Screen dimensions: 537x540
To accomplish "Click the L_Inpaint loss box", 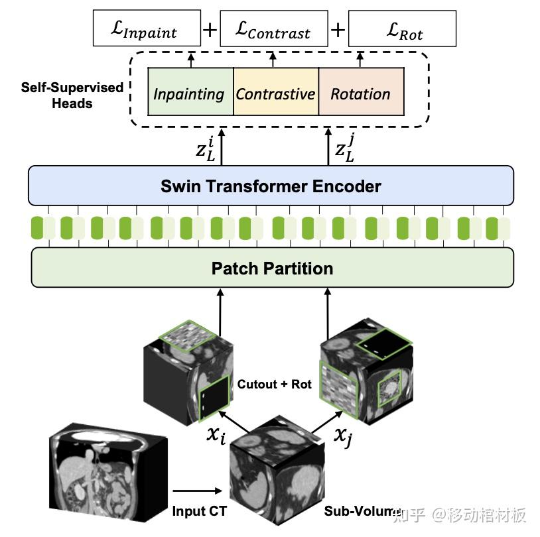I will tap(147, 30).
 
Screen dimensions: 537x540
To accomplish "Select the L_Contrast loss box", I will tap(273, 30).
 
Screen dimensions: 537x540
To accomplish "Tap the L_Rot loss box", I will tap(402, 30).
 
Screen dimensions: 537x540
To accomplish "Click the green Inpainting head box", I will tap(190, 93).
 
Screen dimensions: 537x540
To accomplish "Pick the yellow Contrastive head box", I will tap(275, 93).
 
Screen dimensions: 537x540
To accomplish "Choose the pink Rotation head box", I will tap(361, 93).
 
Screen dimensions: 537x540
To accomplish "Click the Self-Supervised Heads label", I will tap(72, 95).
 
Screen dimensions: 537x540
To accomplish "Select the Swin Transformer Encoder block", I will tap(271, 186).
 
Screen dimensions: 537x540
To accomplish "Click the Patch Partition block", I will tap(272, 268).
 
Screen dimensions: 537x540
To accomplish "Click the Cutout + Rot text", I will tap(266, 384).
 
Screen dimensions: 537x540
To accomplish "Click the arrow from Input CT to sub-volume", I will tap(197, 491).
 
